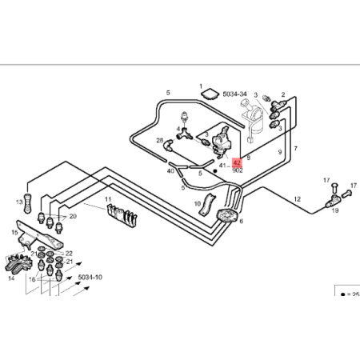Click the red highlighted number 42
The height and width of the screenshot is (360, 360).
coord(237,162)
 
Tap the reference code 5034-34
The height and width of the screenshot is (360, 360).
coord(234,94)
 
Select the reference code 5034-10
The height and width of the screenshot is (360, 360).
coord(90,278)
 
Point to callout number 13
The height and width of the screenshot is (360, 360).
coord(19,202)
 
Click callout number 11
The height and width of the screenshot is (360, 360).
coord(108,199)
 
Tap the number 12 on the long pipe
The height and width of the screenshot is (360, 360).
coord(298,199)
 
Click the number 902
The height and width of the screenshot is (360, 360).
coord(238,170)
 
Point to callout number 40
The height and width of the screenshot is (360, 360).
coord(170,171)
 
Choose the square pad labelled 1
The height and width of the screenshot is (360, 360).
coord(209,94)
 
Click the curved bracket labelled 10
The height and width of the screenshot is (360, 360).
coord(207,204)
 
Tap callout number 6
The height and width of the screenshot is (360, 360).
coord(242,221)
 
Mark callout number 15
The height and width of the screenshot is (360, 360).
coord(14,233)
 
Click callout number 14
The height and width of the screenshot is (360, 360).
coord(11,278)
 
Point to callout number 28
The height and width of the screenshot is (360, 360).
coord(159,140)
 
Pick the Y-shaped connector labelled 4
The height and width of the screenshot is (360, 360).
coord(185,134)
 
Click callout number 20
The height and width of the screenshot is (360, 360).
coord(73,216)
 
